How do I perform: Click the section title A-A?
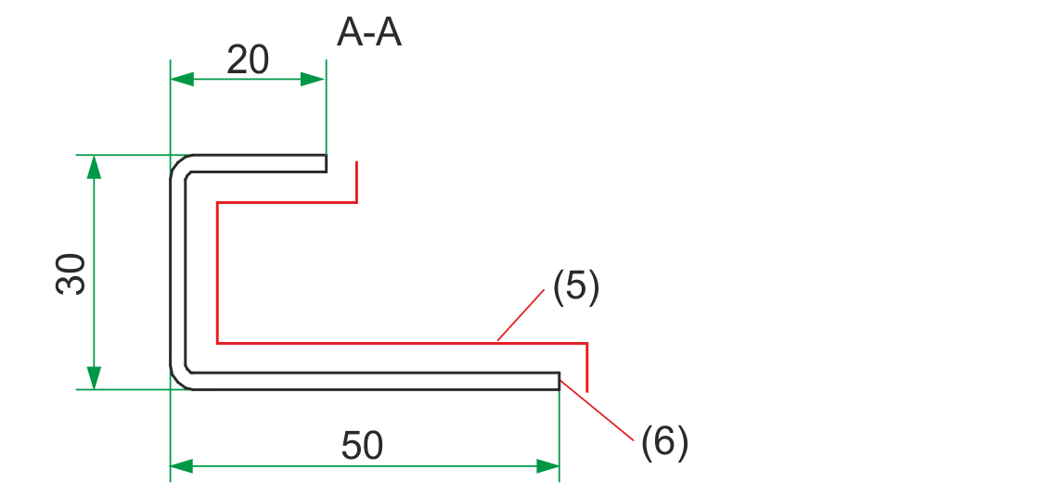(x=369, y=34)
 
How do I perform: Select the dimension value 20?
(x=248, y=60)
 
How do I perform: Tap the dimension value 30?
(x=71, y=273)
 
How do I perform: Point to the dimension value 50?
(x=362, y=447)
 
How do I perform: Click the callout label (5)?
(x=576, y=287)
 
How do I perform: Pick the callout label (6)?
(x=664, y=442)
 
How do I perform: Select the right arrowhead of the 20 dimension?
(x=315, y=80)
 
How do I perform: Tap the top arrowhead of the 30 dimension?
(x=94, y=168)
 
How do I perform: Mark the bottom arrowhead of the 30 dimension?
(x=94, y=377)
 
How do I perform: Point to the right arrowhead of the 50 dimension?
(x=547, y=466)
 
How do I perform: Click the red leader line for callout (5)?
(x=521, y=315)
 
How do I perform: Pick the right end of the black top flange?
(x=325, y=163)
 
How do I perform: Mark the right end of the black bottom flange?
(x=558, y=381)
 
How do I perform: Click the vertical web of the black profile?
(x=177, y=273)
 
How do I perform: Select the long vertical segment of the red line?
(x=217, y=273)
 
